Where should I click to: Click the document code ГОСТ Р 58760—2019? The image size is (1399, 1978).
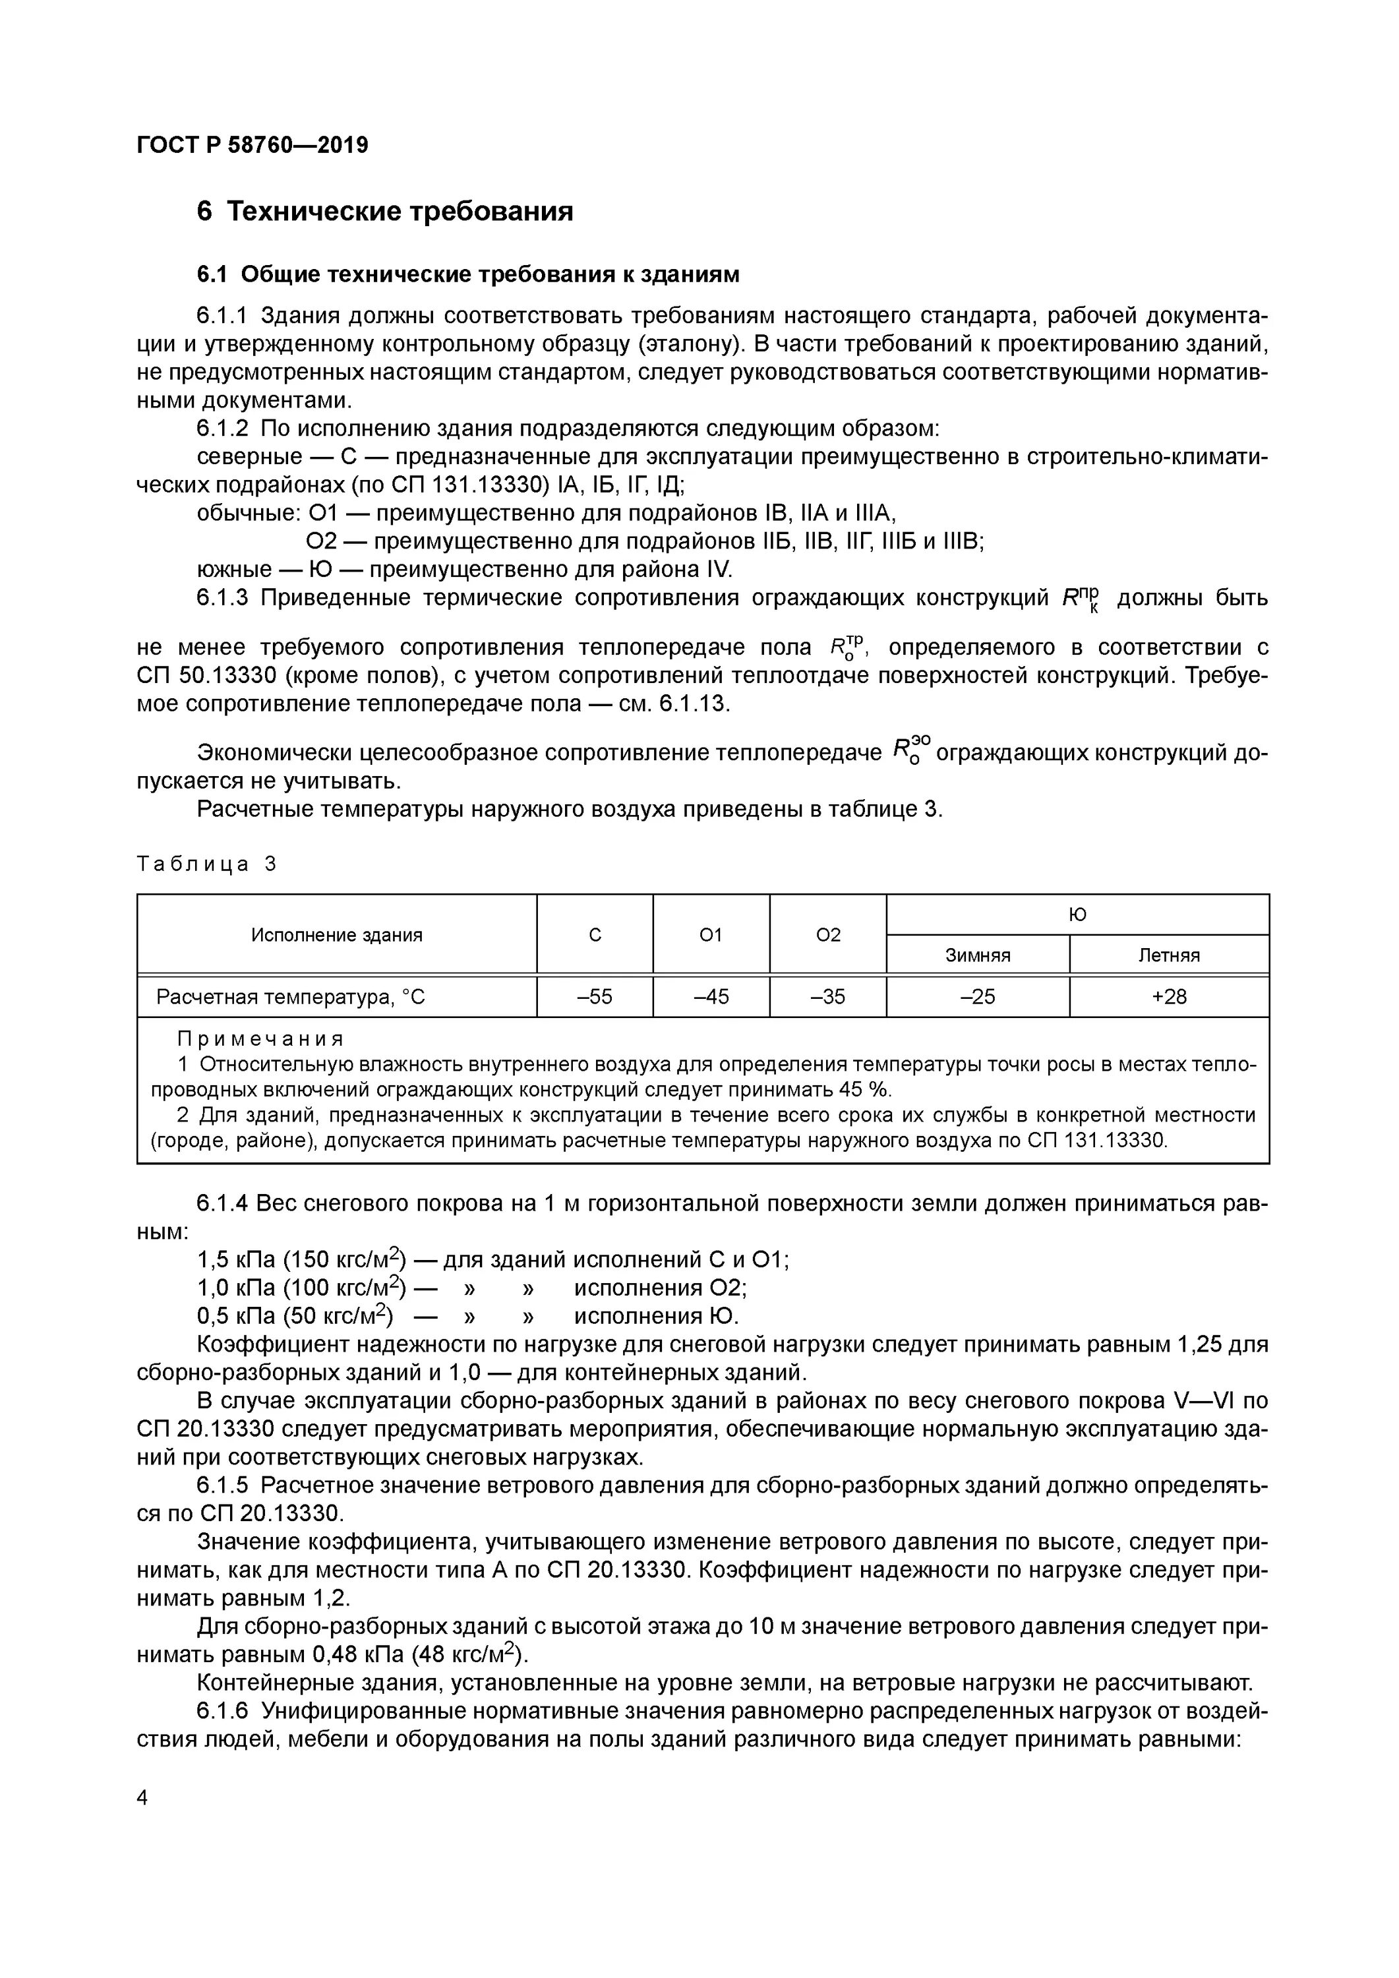click(x=253, y=146)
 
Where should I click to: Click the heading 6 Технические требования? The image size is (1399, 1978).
click(x=384, y=212)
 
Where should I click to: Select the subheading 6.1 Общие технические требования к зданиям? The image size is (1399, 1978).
click(x=468, y=275)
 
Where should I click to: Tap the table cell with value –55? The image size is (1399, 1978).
click(x=595, y=997)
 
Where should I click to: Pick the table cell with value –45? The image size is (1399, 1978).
click(x=711, y=997)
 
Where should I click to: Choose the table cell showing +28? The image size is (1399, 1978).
click(x=1168, y=997)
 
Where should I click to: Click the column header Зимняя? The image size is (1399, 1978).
click(x=977, y=955)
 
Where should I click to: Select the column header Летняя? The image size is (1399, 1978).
click(x=1168, y=955)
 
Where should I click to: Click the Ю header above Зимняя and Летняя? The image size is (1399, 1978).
click(x=1077, y=915)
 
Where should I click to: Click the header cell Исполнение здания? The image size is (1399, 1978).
click(x=336, y=936)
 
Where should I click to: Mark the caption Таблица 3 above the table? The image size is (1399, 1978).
click(x=206, y=864)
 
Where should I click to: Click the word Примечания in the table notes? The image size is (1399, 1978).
click(x=260, y=1039)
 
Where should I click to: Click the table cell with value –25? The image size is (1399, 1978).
click(x=977, y=997)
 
